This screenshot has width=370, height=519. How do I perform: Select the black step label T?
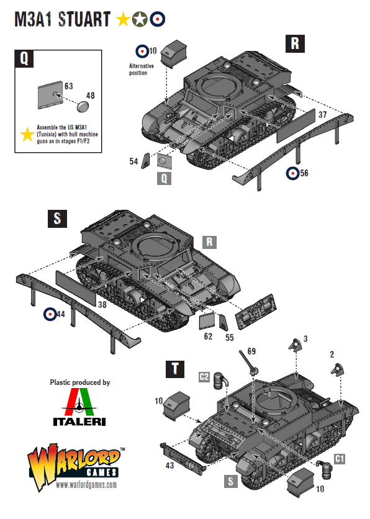pyautogui.click(x=176, y=369)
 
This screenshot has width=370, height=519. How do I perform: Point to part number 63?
pyautogui.click(x=69, y=86)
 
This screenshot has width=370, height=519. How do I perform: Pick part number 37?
pyautogui.click(x=322, y=115)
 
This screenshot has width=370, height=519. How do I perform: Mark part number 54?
pyautogui.click(x=133, y=161)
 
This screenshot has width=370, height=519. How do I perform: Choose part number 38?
pyautogui.click(x=102, y=304)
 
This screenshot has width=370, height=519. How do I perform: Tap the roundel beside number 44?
pyautogui.click(x=49, y=315)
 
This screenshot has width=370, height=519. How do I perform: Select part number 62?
pyautogui.click(x=208, y=336)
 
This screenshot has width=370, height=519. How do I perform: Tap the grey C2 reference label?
pyautogui.click(x=204, y=376)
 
